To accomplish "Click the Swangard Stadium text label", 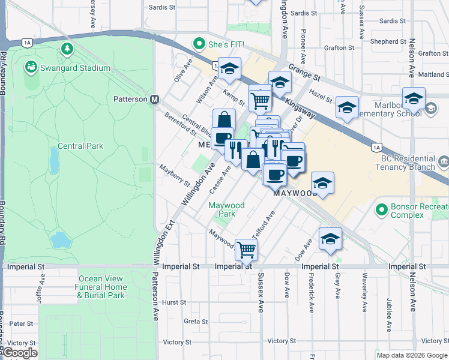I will [75, 68].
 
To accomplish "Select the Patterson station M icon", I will [154, 99].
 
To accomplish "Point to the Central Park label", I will [80, 146].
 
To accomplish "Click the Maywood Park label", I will [226, 209].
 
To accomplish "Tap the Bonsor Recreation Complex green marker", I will [381, 209].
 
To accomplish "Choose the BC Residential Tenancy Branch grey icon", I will [443, 161].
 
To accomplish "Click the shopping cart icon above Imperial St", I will [246, 249].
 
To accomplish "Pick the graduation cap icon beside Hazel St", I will [346, 107].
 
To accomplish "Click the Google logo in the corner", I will [19, 353].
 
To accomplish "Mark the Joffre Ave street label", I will [43, 283].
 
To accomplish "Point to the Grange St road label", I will [304, 74].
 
